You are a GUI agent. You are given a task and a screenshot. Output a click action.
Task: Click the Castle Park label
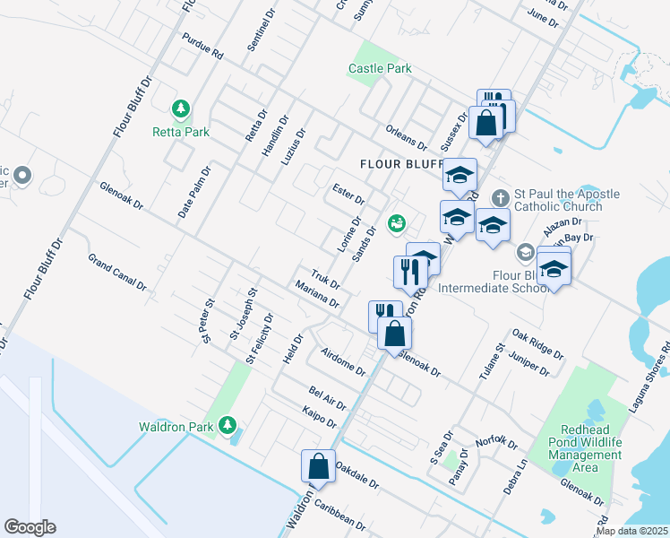pyautogui.click(x=380, y=68)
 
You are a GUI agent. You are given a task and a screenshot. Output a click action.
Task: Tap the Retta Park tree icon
pyautogui.click(x=182, y=109)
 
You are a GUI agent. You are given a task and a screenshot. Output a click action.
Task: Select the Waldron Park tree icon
pyautogui.click(x=228, y=424)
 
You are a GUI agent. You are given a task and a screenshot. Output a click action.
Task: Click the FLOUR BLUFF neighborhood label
pyautogui.click(x=402, y=164)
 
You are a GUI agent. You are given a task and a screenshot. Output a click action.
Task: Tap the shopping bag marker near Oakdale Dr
pyautogui.click(x=318, y=466)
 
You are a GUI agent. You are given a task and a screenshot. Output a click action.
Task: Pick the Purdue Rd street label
pyautogui.click(x=202, y=48)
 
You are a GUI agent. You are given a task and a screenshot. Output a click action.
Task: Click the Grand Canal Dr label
pyautogui.click(x=116, y=272)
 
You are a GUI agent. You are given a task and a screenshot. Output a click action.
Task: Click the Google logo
pyautogui.click(x=30, y=527)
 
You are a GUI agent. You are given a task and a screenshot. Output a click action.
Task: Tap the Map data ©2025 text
pyautogui.click(x=631, y=531)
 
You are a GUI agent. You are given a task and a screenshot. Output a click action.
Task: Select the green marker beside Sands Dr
pyautogui.click(x=395, y=223)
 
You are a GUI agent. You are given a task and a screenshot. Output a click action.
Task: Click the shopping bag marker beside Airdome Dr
pyautogui.click(x=394, y=333)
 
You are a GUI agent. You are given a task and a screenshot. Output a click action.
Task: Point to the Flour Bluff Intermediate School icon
pyautogui.click(x=525, y=252)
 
